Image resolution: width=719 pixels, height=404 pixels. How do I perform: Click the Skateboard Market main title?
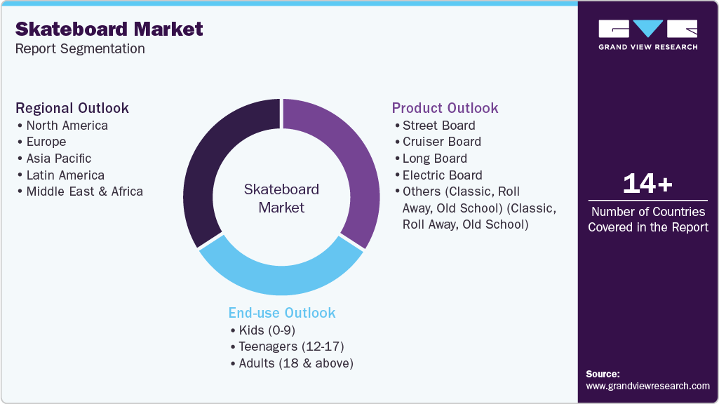click(109, 29)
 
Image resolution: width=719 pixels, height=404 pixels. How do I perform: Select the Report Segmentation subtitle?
click(80, 49)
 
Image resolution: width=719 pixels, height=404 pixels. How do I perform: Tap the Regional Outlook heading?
click(72, 108)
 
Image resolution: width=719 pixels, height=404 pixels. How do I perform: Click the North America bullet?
click(67, 126)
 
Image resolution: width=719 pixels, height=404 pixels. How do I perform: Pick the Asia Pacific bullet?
click(58, 159)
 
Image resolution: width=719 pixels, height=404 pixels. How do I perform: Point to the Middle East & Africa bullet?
click(84, 191)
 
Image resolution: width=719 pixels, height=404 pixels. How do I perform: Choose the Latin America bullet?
click(65, 175)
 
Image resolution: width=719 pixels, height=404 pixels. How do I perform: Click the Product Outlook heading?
click(445, 108)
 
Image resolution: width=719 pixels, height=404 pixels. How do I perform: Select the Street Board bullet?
click(438, 126)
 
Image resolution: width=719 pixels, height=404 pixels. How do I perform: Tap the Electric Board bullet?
click(442, 175)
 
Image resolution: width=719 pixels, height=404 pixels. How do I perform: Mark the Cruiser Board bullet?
click(441, 142)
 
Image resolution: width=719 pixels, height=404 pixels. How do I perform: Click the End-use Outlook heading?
click(282, 313)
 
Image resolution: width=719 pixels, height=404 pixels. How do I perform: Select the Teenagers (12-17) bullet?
click(290, 346)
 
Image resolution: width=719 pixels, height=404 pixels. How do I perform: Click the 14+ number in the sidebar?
click(647, 184)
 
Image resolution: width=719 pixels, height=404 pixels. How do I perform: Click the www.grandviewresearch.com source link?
click(647, 386)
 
